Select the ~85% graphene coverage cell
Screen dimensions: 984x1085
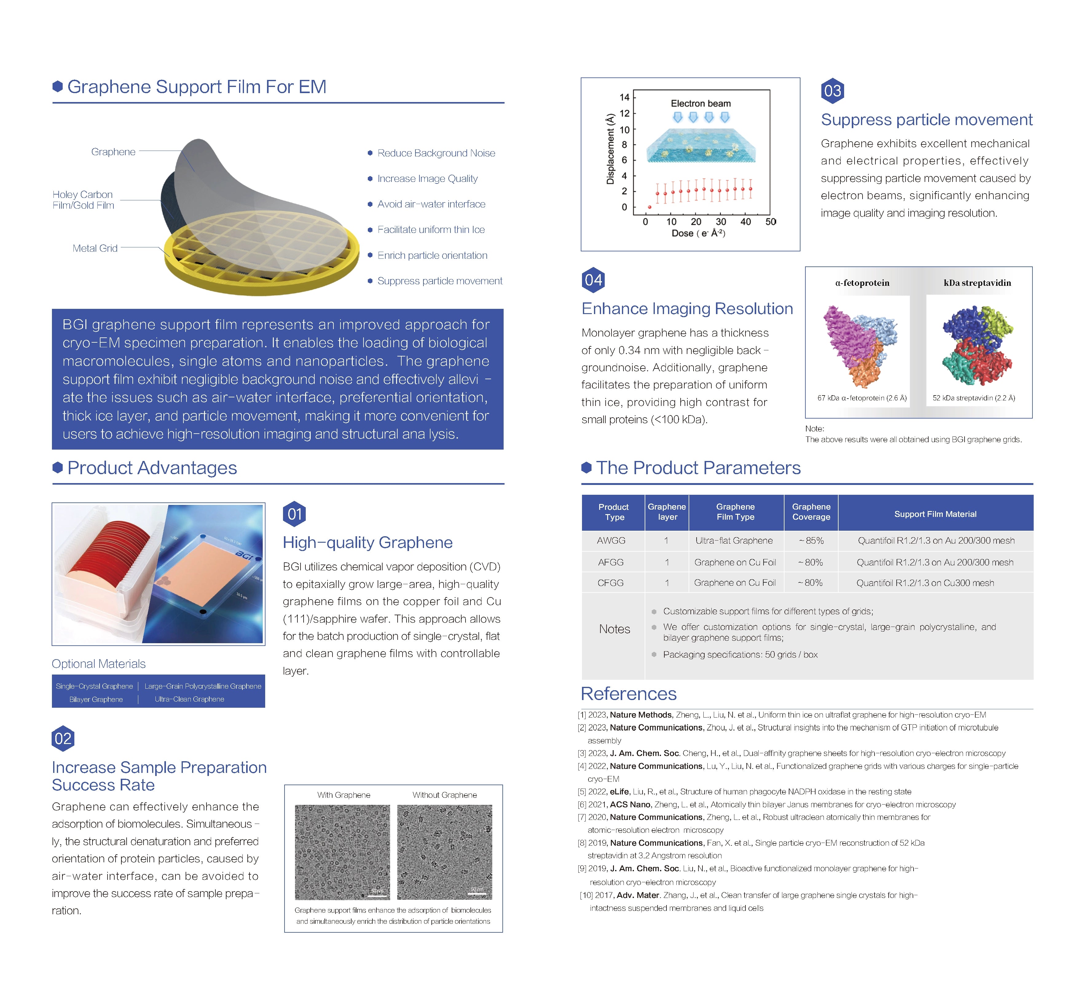point(811,541)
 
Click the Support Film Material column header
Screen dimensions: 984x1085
point(935,514)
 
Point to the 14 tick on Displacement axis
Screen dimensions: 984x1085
point(624,97)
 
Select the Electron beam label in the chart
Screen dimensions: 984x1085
point(700,103)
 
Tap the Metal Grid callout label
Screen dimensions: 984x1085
point(95,248)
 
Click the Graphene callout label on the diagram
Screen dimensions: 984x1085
point(113,152)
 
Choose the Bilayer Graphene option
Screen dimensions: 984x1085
point(96,699)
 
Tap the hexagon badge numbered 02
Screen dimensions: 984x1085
point(63,738)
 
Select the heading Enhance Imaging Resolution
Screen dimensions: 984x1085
point(687,309)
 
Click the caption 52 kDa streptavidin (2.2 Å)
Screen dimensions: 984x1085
point(973,398)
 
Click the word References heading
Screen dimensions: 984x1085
point(628,694)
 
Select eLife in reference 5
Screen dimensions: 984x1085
point(619,791)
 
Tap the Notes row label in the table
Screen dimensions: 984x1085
point(614,629)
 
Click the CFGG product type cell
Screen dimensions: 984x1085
point(610,582)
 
